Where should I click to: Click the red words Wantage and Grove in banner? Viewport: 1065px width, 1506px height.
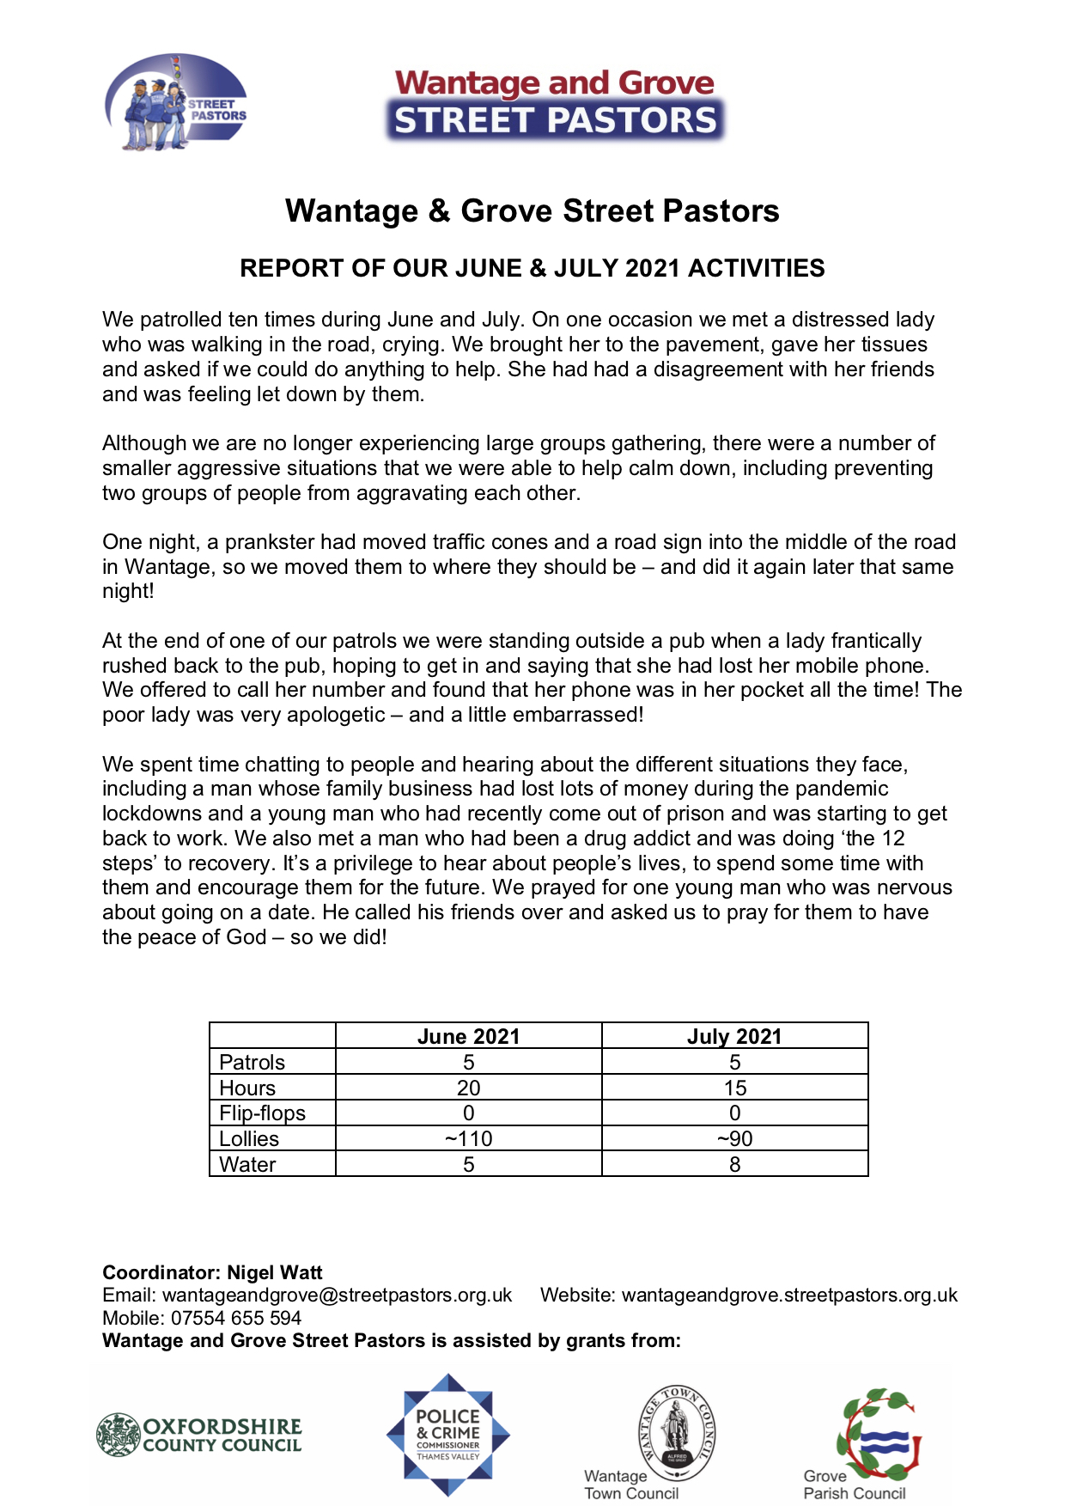[554, 83]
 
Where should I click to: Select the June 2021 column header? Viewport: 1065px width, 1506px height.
[468, 1036]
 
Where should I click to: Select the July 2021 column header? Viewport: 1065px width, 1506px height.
[734, 1036]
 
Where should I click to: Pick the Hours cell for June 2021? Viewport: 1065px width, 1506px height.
[468, 1088]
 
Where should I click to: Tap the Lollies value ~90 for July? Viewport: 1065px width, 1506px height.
[734, 1138]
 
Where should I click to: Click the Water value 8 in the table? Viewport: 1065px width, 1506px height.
[734, 1164]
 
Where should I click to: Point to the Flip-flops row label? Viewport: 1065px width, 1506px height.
[262, 1113]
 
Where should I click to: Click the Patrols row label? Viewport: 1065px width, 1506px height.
[252, 1063]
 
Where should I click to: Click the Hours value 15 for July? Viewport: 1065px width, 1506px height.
[734, 1088]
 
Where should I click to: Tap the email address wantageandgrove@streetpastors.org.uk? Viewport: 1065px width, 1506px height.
[337, 1295]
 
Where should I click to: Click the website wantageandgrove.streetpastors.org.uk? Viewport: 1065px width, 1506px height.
[789, 1295]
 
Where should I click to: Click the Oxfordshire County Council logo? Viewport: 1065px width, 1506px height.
[199, 1436]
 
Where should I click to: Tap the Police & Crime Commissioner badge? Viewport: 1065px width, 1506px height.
[447, 1436]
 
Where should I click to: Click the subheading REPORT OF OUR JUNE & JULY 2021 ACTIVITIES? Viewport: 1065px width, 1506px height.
[532, 268]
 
